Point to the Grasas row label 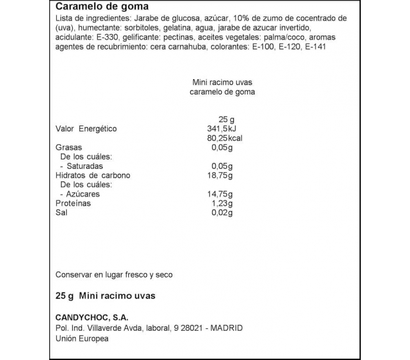69,148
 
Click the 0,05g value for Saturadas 221,166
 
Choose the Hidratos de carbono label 93,175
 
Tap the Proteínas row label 73,203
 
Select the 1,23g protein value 223,203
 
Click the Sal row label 61,213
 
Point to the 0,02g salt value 221,213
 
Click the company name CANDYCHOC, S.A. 87,317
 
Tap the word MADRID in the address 226,328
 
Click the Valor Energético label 86,129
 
